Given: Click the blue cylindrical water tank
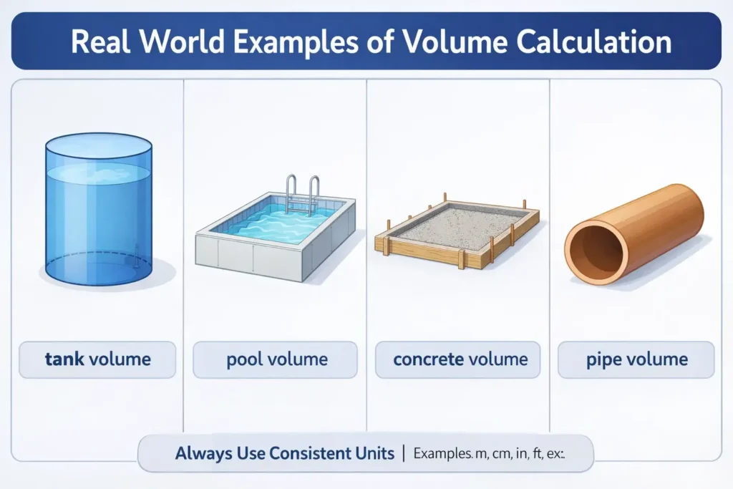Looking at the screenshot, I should click(98, 211).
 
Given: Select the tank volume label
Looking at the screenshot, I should click(97, 359).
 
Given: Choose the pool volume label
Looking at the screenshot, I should click(276, 359).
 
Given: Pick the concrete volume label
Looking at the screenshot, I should click(460, 359).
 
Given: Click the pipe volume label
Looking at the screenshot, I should click(636, 359).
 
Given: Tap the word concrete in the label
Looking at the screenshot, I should click(428, 359).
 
